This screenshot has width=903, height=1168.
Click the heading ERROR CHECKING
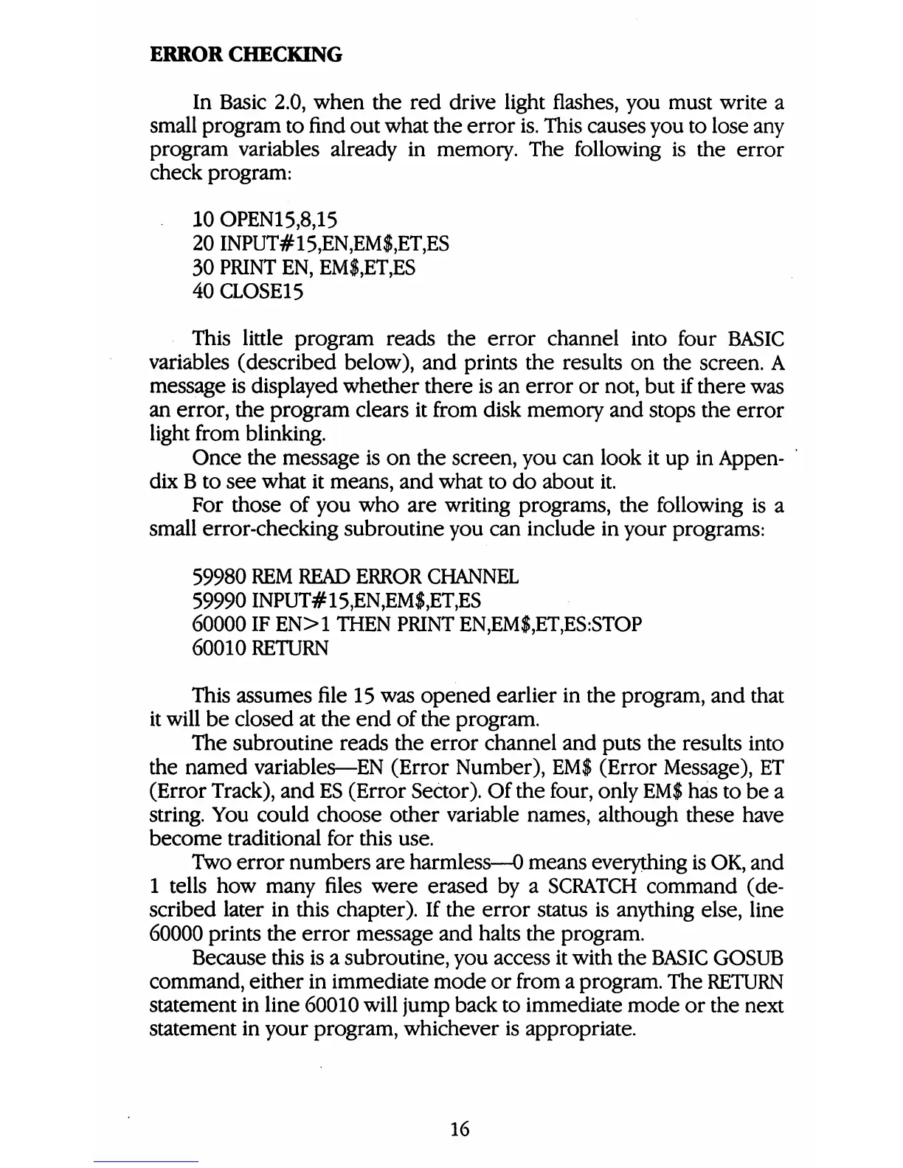pyautogui.click(x=246, y=55)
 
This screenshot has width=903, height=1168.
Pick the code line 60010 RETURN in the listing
pyautogui.click(x=260, y=648)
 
